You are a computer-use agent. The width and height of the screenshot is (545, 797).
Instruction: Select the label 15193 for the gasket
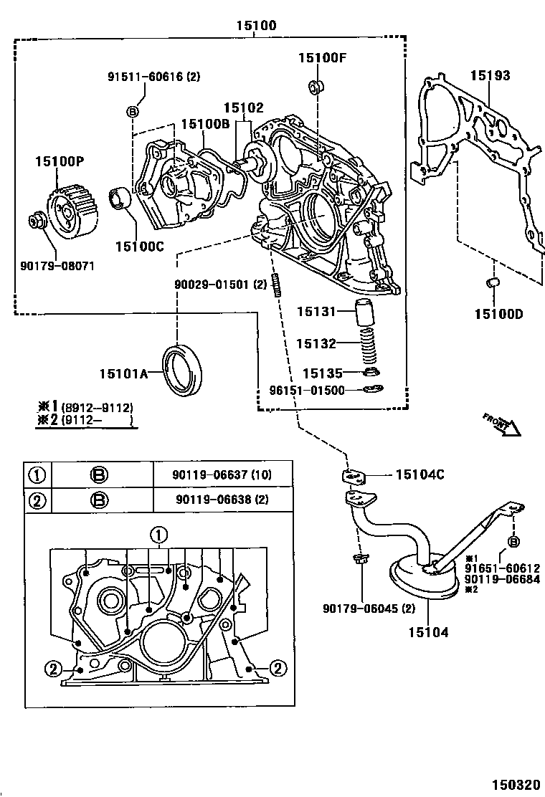coord(490,75)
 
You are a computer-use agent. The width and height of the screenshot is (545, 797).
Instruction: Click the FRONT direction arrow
coord(501,424)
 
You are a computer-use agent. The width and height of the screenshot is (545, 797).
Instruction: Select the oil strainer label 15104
coord(429,632)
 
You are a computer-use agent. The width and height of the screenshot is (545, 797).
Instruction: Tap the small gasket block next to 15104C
coord(354,475)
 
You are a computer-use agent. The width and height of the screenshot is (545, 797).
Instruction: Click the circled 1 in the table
coord(37,474)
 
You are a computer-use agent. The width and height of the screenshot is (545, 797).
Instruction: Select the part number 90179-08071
coord(57,266)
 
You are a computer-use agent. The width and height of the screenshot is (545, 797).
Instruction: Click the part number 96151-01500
coord(307,391)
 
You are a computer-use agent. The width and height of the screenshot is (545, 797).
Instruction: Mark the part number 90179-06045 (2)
coord(369,609)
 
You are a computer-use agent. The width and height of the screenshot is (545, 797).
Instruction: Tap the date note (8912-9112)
coord(97,407)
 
